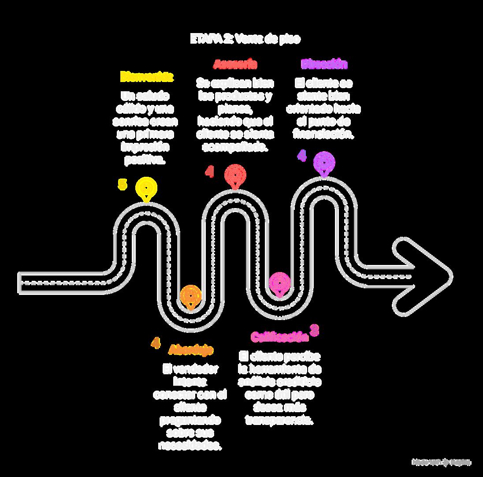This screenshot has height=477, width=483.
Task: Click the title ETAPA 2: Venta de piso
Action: [x=245, y=39]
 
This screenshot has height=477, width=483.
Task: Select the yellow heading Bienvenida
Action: [x=147, y=77]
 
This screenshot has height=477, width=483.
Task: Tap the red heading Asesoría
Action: [x=235, y=64]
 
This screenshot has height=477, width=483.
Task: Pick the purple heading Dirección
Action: [x=324, y=64]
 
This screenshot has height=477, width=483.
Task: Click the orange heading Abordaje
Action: [x=191, y=350]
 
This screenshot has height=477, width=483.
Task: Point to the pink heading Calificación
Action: [x=279, y=337]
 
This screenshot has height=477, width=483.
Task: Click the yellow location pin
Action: [x=146, y=188]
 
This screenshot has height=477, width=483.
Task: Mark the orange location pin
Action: [x=191, y=296]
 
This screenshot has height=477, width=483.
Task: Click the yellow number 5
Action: [x=122, y=184]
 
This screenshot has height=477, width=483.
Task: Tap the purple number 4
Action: [x=301, y=156]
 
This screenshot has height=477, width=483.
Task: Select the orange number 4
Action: [x=155, y=343]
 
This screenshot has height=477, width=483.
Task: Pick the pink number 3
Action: [x=314, y=330]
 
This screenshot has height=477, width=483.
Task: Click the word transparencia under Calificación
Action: [x=279, y=420]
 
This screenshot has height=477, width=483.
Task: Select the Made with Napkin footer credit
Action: [x=441, y=462]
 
